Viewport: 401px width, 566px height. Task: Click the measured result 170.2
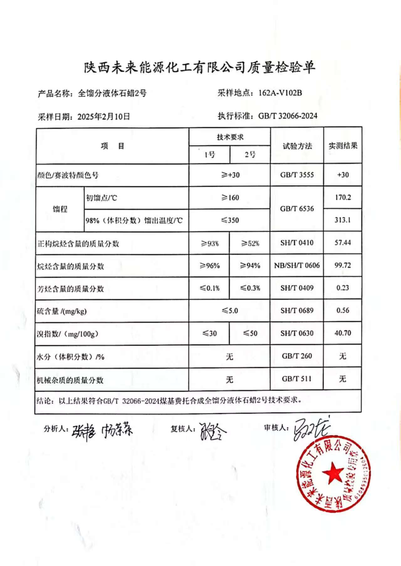(x=343, y=197)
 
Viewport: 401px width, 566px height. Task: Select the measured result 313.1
(x=342, y=220)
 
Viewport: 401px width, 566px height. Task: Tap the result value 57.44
(x=342, y=242)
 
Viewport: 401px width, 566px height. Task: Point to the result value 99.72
(x=342, y=265)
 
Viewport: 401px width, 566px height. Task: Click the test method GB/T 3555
(x=297, y=175)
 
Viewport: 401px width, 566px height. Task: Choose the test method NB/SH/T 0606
(x=297, y=266)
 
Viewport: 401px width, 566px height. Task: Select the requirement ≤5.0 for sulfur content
(x=230, y=311)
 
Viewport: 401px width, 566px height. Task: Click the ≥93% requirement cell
(x=210, y=243)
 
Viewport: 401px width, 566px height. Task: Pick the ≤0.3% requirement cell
(x=250, y=288)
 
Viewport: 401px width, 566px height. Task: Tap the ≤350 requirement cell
(x=230, y=220)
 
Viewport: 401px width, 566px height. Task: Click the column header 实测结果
(x=343, y=146)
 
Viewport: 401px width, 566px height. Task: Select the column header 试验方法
(x=297, y=146)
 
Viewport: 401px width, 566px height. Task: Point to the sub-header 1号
(x=210, y=155)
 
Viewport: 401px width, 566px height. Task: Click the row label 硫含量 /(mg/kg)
(x=62, y=311)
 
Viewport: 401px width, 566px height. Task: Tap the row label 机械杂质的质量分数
(x=70, y=380)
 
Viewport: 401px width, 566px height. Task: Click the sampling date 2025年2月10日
(x=104, y=117)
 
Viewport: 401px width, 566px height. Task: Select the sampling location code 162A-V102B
(x=280, y=93)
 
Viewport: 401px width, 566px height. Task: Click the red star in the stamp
(x=332, y=473)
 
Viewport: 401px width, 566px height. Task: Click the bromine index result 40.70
(x=342, y=333)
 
